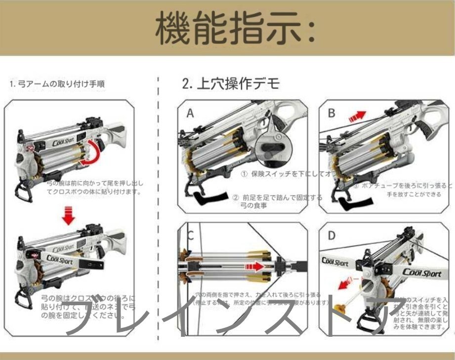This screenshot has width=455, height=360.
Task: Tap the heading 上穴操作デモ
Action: (x=231, y=83)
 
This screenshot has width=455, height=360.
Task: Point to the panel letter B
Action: (x=331, y=113)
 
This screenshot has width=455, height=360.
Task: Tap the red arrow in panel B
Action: (x=357, y=117)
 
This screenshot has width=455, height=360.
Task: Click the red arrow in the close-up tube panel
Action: (x=252, y=266)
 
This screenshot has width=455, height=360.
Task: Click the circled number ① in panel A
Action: (x=244, y=175)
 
